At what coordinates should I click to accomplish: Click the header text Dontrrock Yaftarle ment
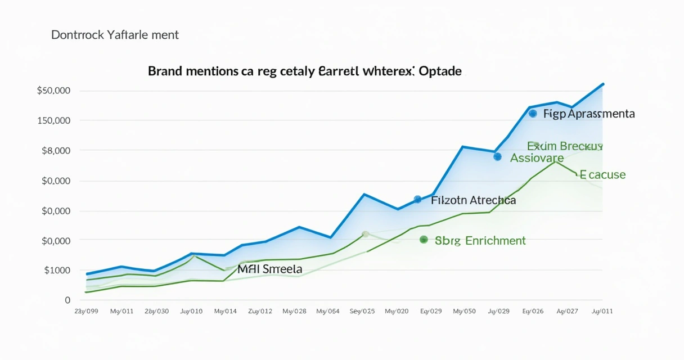[x=115, y=35]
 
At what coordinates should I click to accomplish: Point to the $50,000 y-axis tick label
[x=53, y=91]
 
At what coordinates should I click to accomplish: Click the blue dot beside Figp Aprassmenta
[x=533, y=114]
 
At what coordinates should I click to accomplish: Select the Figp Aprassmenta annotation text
[x=589, y=114]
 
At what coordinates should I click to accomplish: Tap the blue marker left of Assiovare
[x=497, y=157]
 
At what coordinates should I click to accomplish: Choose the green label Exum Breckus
[x=565, y=146]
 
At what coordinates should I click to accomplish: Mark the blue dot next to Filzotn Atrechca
[x=417, y=200]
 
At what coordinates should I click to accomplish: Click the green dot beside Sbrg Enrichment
[x=424, y=240]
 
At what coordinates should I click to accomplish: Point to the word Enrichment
[x=496, y=241]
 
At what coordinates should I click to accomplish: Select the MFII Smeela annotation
[x=270, y=269]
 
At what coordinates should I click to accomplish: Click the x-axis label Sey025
[x=362, y=311]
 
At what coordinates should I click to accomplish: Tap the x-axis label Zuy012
[x=260, y=311]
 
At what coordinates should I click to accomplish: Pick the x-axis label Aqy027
[x=567, y=311]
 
